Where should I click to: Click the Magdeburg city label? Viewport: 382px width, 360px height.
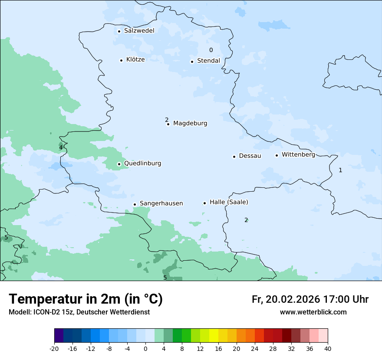(190, 123)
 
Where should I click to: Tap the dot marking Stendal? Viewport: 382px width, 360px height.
(192, 62)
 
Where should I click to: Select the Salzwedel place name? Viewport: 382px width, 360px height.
(139, 31)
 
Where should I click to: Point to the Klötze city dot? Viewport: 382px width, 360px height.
(121, 60)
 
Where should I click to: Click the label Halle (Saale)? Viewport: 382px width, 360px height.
(229, 202)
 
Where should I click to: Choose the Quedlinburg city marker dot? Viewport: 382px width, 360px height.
(119, 164)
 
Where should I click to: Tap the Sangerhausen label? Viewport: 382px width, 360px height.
(161, 203)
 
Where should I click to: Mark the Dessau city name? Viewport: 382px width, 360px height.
(250, 156)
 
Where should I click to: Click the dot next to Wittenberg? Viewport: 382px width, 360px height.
(277, 155)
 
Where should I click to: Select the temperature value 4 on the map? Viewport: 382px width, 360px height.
(61, 147)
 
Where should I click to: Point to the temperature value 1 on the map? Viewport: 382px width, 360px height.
(340, 170)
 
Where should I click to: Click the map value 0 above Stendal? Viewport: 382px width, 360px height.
(211, 50)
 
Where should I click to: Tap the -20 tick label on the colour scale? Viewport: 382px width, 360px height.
(54, 349)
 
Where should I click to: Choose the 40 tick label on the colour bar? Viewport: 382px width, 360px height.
(327, 349)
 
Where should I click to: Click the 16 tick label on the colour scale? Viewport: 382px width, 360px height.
(218, 349)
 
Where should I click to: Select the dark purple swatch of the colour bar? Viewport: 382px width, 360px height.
(59, 336)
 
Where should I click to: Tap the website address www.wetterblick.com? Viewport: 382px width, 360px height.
(313, 312)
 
